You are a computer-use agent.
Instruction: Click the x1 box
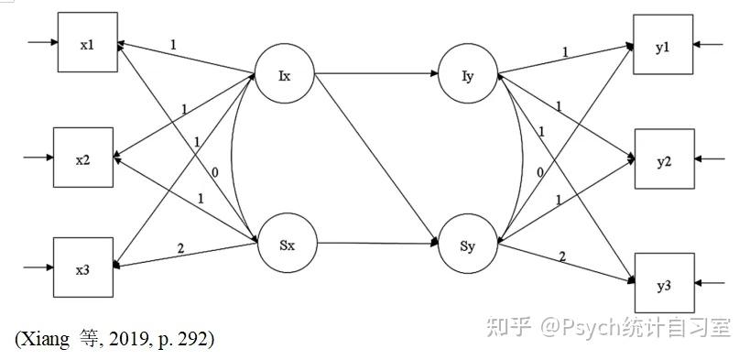tap(88, 43)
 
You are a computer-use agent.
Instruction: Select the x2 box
tap(82, 159)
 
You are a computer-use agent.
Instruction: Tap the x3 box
tap(82, 267)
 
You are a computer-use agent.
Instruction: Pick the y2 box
tap(663, 159)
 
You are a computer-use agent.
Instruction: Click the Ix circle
tap(284, 74)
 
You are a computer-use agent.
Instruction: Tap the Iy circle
tap(468, 74)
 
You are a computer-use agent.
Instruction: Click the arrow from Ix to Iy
tap(375, 73)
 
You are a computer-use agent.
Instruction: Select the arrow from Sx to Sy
tap(375, 244)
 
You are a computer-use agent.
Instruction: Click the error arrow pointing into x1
tap(42, 42)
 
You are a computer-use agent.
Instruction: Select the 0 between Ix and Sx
tap(213, 172)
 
